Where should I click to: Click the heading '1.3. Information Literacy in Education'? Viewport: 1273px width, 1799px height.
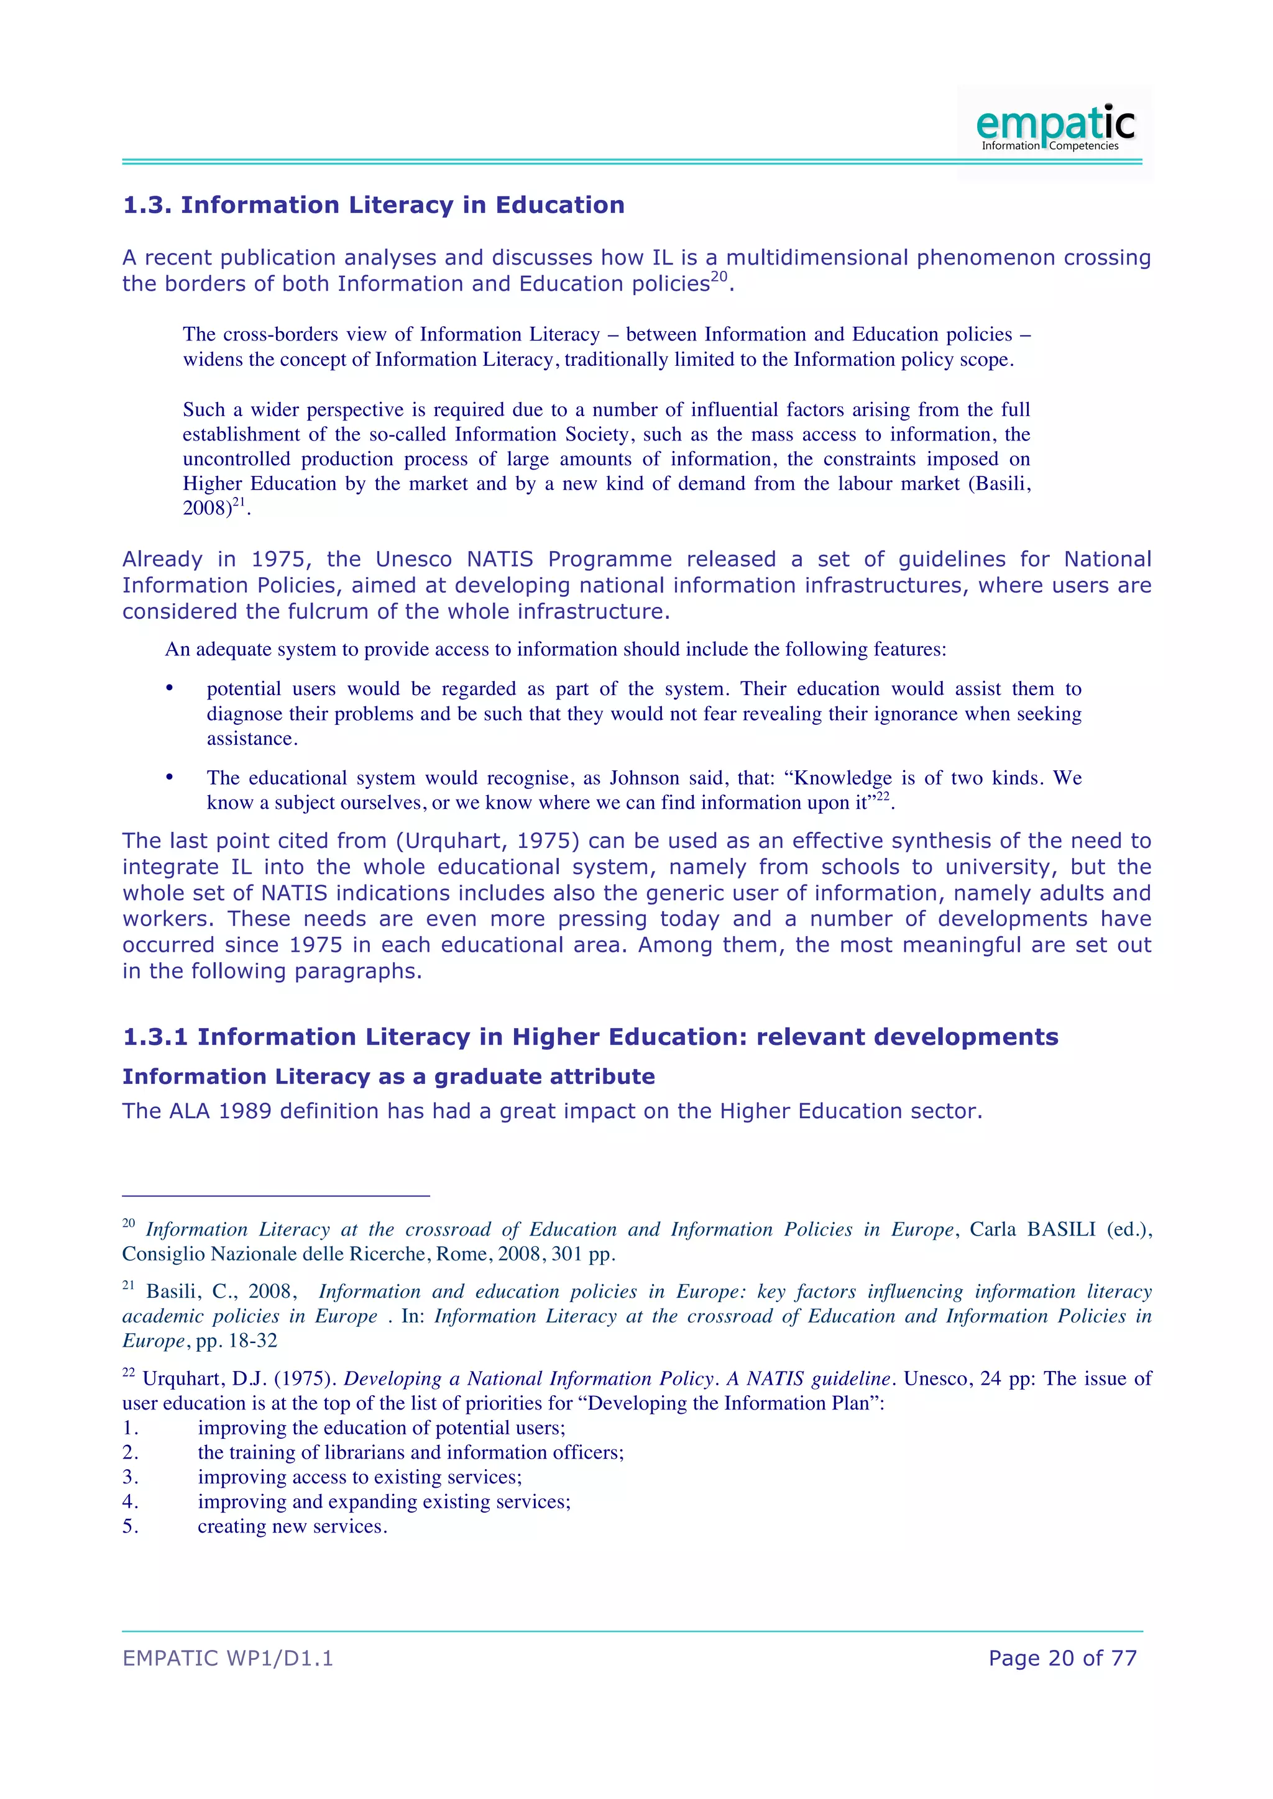click(x=374, y=205)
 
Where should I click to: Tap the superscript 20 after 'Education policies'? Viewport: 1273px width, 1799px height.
click(x=719, y=276)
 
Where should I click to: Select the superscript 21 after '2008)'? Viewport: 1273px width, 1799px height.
click(x=239, y=501)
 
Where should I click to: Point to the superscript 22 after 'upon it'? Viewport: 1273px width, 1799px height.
click(x=883, y=796)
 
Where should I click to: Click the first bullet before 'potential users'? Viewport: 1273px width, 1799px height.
click(x=169, y=688)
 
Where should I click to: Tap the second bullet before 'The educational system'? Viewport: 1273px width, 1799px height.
click(x=169, y=777)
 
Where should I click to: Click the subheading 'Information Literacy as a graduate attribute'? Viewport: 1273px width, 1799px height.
click(x=388, y=1077)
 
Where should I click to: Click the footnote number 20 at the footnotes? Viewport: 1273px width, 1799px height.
click(x=129, y=1224)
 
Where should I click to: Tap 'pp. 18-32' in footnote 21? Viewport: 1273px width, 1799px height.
click(x=237, y=1341)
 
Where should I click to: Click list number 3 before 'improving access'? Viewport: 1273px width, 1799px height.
click(x=130, y=1477)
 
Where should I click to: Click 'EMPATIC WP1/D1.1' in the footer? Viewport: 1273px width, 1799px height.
click(x=228, y=1658)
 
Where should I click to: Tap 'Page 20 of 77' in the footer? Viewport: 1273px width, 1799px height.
click(x=1062, y=1658)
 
